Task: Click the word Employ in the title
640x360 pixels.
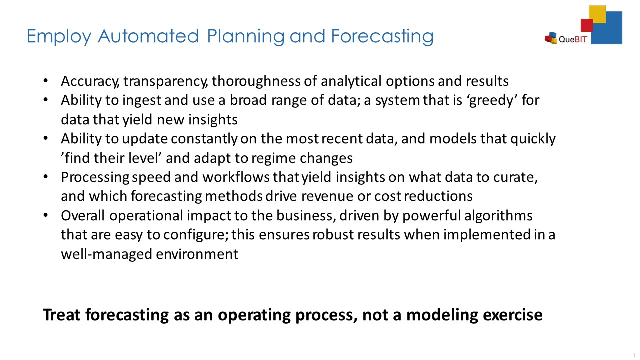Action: click(x=59, y=37)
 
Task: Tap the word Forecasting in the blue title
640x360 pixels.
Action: click(x=382, y=37)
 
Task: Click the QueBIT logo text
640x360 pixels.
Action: click(x=573, y=39)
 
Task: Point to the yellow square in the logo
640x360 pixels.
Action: click(x=597, y=14)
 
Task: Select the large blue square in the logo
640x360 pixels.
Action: click(x=607, y=28)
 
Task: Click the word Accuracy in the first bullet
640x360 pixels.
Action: click(x=90, y=81)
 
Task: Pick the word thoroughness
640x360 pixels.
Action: click(x=256, y=81)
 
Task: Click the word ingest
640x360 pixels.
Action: click(x=142, y=100)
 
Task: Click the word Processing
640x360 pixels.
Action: click(x=95, y=177)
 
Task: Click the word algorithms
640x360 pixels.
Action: click(x=498, y=215)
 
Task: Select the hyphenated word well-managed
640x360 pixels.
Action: click(x=107, y=254)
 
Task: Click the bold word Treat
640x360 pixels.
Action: click(x=62, y=315)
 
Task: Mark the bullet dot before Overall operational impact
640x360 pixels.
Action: click(x=45, y=215)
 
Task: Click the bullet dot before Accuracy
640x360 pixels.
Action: click(x=45, y=81)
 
